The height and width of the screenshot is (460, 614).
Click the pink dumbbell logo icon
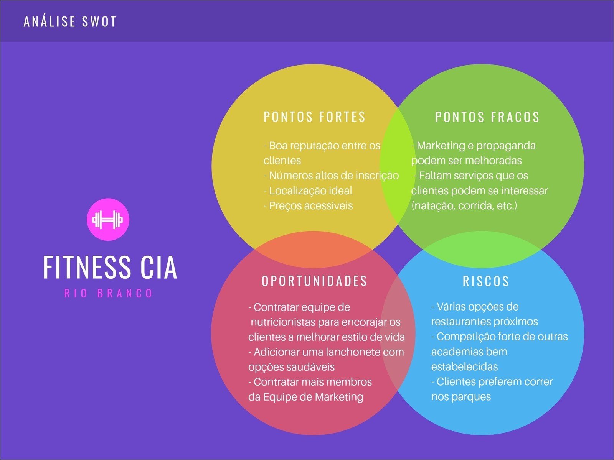click(108, 219)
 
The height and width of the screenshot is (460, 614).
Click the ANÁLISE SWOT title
click(70, 21)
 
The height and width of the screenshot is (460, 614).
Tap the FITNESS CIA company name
click(110, 267)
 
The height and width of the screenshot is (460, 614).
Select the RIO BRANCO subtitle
click(109, 294)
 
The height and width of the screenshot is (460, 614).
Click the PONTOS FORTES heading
click(315, 117)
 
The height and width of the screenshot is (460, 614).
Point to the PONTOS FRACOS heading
click(487, 117)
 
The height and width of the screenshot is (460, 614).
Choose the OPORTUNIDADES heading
click(315, 281)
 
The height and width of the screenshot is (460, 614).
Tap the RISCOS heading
click(486, 281)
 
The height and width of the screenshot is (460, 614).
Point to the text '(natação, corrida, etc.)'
click(464, 205)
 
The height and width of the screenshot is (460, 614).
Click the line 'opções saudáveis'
click(291, 367)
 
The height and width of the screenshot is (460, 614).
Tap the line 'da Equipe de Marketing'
click(305, 397)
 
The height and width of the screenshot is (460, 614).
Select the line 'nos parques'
click(461, 396)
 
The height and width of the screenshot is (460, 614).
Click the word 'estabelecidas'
click(464, 366)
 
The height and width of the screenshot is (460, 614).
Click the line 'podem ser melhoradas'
click(466, 160)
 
